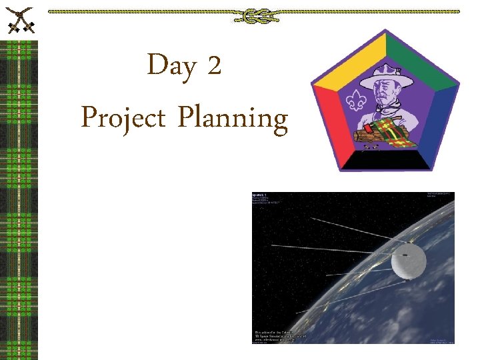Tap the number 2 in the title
pos(214,66)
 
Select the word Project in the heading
pos(123,119)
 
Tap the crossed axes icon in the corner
pos(19,19)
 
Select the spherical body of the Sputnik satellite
pos(409,260)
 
